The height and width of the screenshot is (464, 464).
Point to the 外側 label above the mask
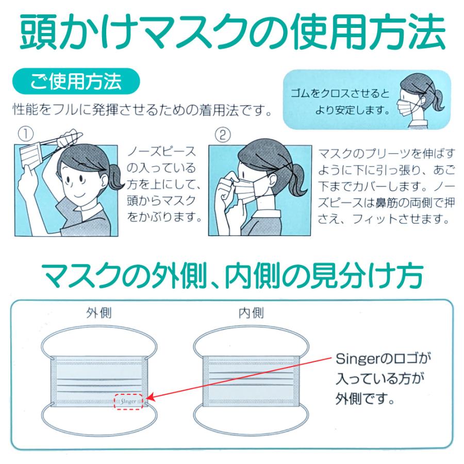[x=99, y=312]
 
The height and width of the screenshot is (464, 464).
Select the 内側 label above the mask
[x=251, y=312]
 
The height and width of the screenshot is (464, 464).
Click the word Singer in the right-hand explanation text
[x=357, y=357]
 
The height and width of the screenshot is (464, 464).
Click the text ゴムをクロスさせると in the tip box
[x=341, y=94]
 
